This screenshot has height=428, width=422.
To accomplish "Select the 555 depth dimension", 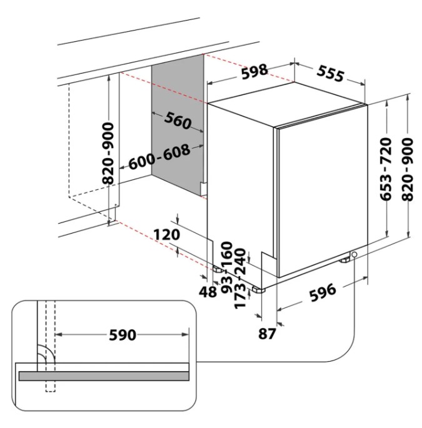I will (x=330, y=74).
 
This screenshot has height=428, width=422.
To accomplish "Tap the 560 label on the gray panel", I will (x=177, y=122).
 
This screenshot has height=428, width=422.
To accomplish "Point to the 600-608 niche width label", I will (x=159, y=159).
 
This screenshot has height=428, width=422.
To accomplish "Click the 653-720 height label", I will (x=386, y=168).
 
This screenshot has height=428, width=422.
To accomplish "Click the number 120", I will (x=166, y=234).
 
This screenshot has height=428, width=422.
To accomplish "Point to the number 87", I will (x=267, y=333).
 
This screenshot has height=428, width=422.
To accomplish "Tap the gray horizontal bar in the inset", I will (x=104, y=376).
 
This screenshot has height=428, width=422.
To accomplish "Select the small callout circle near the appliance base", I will (x=354, y=255).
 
